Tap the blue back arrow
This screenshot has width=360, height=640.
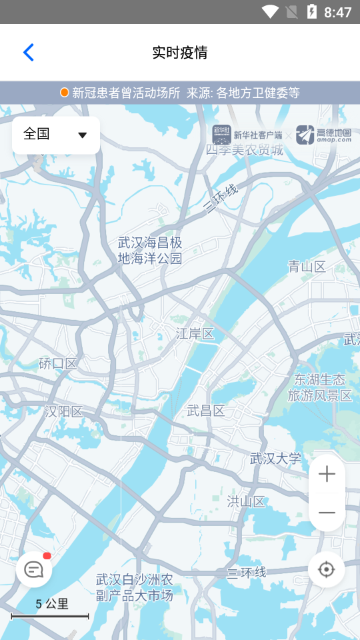[28, 53]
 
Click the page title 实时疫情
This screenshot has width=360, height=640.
[180, 53]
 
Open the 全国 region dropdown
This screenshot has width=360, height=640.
[56, 135]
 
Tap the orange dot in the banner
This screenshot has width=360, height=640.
[65, 93]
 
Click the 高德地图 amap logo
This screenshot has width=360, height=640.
[324, 135]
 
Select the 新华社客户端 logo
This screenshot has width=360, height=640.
[247, 135]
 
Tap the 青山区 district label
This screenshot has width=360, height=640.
[307, 267]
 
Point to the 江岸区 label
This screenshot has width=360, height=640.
[195, 333]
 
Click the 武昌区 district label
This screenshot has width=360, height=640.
[205, 410]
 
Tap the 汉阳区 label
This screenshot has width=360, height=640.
[64, 411]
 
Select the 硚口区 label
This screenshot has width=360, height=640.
[58, 363]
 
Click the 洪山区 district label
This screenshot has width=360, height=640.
[246, 501]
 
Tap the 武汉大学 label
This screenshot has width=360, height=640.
[275, 459]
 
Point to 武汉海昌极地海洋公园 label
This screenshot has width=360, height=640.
[150, 250]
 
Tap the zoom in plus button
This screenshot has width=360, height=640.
[327, 475]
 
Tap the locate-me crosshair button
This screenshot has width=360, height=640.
[327, 569]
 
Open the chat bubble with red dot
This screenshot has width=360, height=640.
[34, 570]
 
